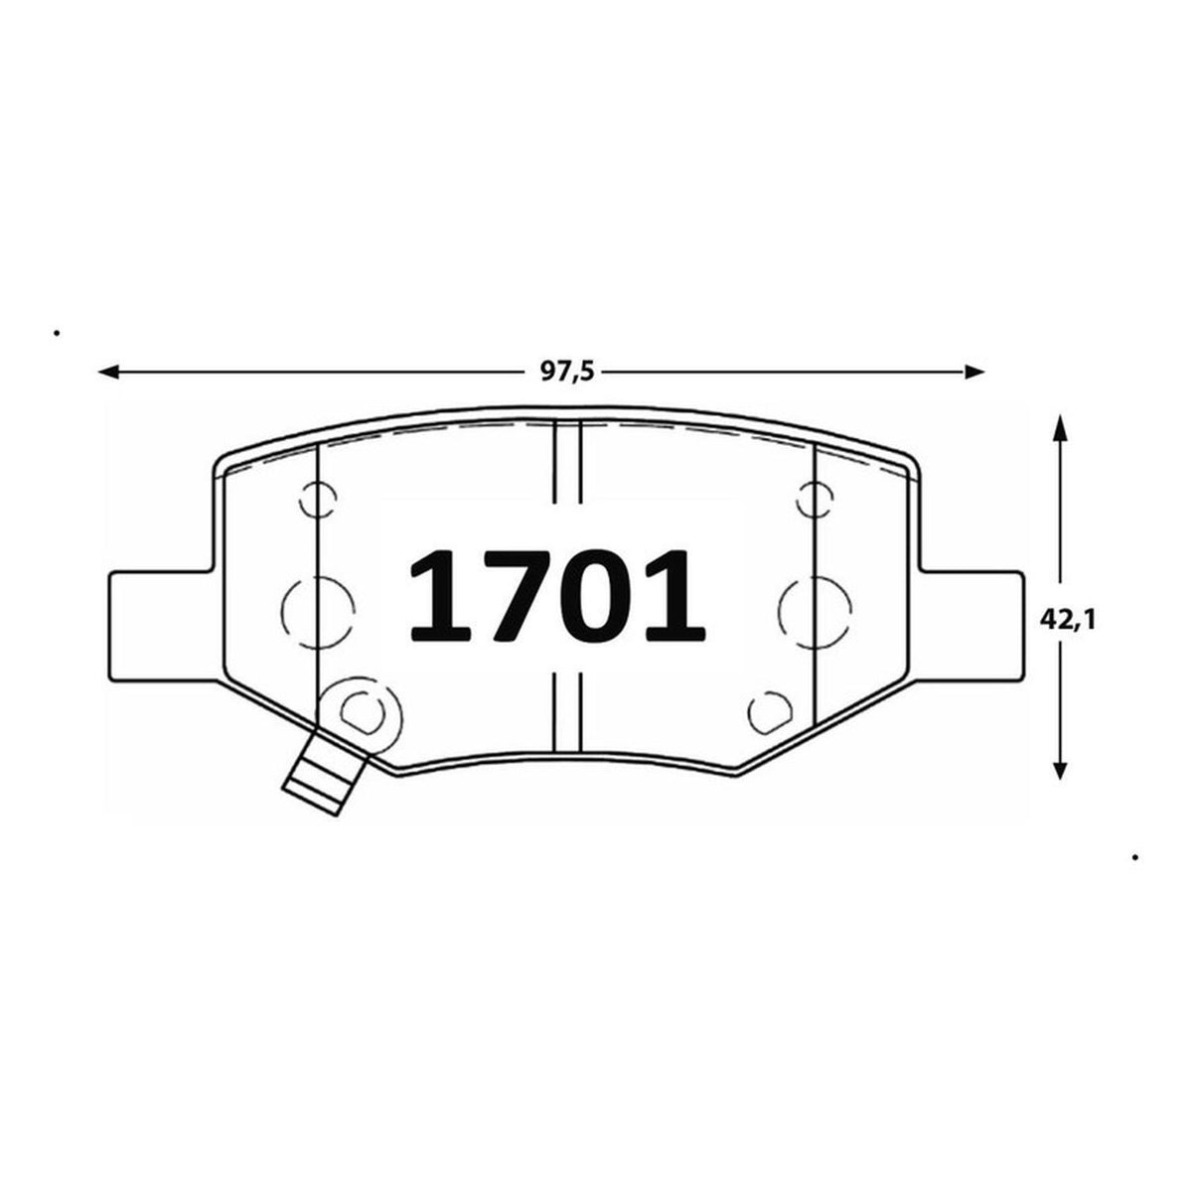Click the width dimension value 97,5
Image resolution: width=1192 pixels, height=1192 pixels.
tap(567, 372)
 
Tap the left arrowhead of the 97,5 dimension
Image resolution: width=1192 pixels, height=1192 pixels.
tap(109, 372)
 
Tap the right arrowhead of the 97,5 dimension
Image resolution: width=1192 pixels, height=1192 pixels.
tap(973, 372)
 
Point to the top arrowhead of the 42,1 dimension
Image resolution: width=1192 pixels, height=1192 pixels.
tap(1061, 427)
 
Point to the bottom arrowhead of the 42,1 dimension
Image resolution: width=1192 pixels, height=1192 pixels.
tap(1061, 769)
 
